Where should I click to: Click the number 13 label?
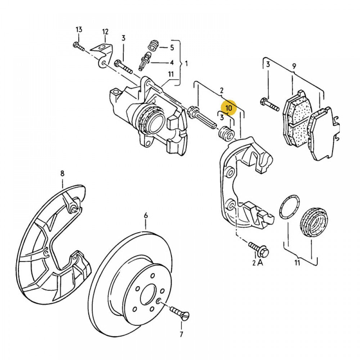tap(79, 29)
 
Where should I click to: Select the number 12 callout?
tap(105, 32)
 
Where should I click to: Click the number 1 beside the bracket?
tap(186, 64)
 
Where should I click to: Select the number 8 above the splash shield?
tap(62, 174)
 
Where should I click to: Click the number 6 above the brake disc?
tap(146, 215)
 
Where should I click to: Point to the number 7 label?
tap(181, 335)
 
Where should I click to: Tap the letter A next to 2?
tap(260, 263)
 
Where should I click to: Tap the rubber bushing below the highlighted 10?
tap(226, 134)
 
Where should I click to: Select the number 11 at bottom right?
tap(297, 263)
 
